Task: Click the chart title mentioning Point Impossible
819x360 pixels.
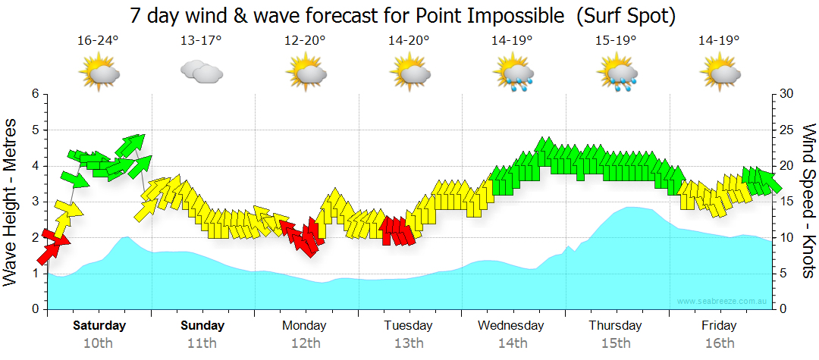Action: (x=402, y=15)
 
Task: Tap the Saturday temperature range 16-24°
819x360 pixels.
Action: (x=99, y=40)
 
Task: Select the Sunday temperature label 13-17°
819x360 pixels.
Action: (x=202, y=40)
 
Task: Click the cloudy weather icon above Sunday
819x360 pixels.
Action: (x=202, y=73)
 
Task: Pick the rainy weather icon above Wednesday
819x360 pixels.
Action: (x=513, y=74)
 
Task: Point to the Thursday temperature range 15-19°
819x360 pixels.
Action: (x=616, y=40)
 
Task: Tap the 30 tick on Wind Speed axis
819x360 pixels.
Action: (x=786, y=94)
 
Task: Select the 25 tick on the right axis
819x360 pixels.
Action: (x=786, y=130)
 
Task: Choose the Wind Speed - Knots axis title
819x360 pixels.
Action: (x=808, y=201)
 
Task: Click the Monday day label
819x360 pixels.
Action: (x=304, y=326)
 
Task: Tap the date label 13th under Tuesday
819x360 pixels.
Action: (x=409, y=343)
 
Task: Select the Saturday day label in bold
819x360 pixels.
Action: (x=99, y=326)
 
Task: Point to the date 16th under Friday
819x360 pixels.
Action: (x=719, y=343)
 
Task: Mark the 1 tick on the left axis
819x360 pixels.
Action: (x=35, y=274)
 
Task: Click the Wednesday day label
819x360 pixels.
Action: (x=511, y=326)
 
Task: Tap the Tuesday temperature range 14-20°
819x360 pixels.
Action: (x=409, y=40)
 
